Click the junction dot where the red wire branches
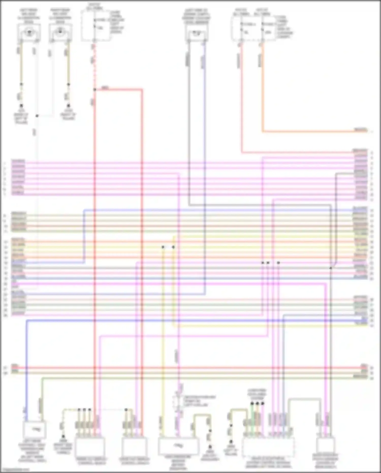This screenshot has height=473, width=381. point(94,89)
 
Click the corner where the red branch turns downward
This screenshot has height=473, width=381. point(142,89)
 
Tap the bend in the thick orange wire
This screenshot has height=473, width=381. point(263,131)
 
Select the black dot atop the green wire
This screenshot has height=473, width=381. point(252,403)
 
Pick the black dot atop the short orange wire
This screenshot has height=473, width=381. point(257,403)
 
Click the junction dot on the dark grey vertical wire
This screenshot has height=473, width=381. point(331,268)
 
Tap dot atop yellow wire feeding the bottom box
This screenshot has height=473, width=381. point(163,247)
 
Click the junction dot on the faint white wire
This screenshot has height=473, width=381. point(37,116)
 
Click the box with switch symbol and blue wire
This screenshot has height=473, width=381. point(35,430)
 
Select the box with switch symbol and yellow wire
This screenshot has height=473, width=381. point(178,446)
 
